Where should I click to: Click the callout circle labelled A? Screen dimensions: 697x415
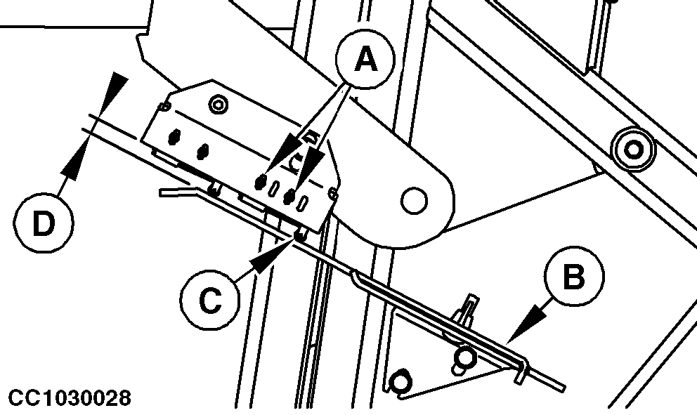[365, 60]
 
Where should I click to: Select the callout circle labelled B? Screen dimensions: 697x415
[574, 276]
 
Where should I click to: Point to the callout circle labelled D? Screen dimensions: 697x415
[44, 223]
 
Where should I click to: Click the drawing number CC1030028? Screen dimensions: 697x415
[70, 398]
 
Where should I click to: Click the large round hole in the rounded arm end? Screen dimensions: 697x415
[414, 200]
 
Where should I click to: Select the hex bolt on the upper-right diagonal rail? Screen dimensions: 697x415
[634, 150]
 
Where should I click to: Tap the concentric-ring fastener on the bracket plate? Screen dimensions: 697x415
[218, 105]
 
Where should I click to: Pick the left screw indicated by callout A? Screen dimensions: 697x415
[261, 181]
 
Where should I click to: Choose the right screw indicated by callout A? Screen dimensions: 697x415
[290, 196]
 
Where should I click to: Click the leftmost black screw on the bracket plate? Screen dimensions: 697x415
[174, 136]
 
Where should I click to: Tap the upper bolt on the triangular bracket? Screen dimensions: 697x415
[464, 356]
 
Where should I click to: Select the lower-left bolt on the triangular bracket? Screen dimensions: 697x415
[400, 381]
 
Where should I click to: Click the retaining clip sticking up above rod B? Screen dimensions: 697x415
[467, 309]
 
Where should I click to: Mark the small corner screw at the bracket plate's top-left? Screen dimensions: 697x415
[164, 106]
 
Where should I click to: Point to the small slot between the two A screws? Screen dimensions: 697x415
[275, 187]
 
